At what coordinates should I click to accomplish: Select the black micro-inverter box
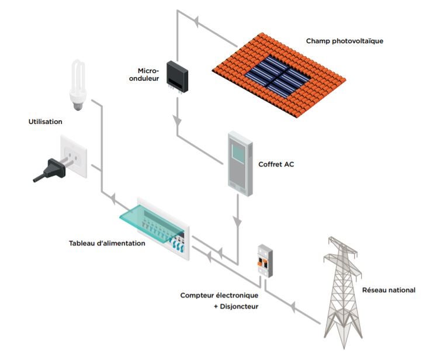click(x=176, y=76)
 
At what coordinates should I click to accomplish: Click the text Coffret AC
click(x=276, y=164)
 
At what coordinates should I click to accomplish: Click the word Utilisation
click(x=45, y=122)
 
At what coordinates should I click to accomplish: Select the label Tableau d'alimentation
click(x=107, y=243)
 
